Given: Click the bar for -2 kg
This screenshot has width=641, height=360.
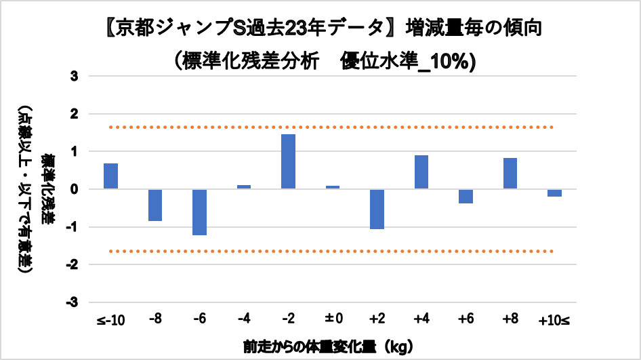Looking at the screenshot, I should (x=288, y=161).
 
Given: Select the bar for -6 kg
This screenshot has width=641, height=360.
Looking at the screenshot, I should (x=199, y=212).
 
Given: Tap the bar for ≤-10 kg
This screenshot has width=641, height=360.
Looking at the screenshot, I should (x=110, y=176).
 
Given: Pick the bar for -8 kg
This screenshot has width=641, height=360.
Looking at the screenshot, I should (x=155, y=205).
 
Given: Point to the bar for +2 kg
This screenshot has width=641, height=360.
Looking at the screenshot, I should (x=377, y=209).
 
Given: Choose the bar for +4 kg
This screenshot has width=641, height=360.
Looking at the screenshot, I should (x=421, y=172).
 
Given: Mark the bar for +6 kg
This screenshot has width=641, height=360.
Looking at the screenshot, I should (x=466, y=196).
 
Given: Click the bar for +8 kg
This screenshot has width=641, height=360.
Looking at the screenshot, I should (x=510, y=174).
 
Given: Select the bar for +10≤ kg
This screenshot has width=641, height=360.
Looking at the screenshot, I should (x=554, y=193).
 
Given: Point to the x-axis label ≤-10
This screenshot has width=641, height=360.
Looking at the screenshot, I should (x=110, y=320).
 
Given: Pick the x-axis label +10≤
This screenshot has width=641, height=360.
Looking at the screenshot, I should (x=554, y=320).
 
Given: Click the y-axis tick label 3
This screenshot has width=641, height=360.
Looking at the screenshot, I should (x=75, y=77).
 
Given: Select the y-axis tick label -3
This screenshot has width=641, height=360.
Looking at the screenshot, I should (x=73, y=302).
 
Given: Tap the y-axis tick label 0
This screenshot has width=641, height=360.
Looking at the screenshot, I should (x=75, y=189).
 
